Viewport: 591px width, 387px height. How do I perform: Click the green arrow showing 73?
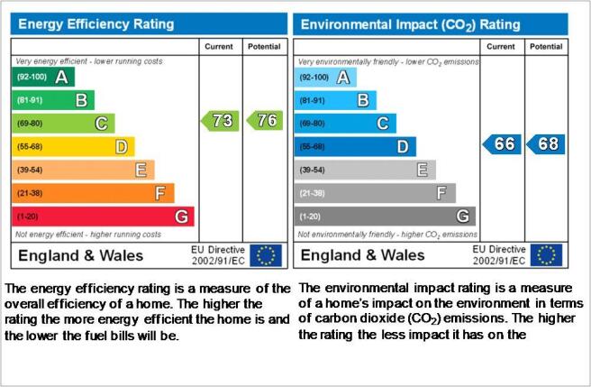[x=220, y=121]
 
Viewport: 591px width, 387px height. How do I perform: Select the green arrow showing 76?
[x=265, y=121]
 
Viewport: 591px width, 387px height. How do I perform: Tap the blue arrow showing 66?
[x=502, y=144]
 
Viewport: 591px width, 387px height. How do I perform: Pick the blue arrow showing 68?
[x=545, y=144]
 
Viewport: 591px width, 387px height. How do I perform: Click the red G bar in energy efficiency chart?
[x=103, y=217]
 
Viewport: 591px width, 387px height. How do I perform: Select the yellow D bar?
[x=73, y=146]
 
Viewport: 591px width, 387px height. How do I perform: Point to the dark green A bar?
[x=43, y=77]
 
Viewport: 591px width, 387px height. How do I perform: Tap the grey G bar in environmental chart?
[x=385, y=217]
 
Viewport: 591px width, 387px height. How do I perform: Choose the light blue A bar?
[x=325, y=78]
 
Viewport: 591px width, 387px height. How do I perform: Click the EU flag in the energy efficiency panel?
[x=266, y=255]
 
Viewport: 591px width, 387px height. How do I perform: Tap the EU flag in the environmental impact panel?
[x=546, y=255]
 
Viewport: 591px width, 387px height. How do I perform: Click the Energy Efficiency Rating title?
[x=96, y=24]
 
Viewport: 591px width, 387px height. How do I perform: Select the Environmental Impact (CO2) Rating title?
[x=411, y=25]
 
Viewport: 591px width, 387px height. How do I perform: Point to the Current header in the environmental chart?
[x=501, y=46]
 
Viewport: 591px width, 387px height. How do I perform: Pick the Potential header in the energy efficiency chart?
[x=264, y=46]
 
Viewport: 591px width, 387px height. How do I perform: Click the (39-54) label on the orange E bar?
[x=30, y=170]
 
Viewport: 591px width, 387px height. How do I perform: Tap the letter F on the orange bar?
[x=160, y=193]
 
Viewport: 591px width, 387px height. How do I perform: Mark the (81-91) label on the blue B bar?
[x=312, y=101]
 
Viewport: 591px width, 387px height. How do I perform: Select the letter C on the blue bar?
[x=383, y=124]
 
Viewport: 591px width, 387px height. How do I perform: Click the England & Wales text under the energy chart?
[x=81, y=255]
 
